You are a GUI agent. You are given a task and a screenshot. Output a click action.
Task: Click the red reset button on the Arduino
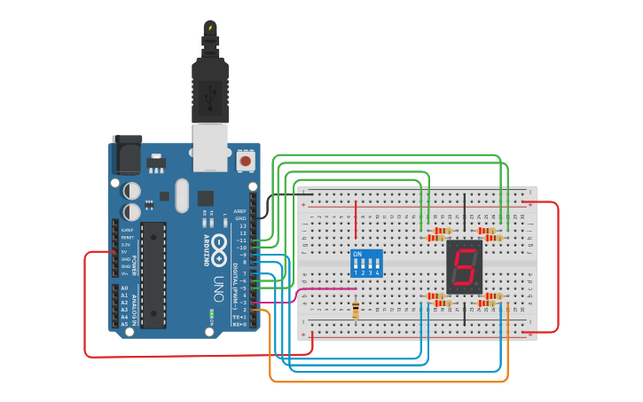(245, 161)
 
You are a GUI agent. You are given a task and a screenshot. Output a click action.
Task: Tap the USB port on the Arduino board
(209, 146)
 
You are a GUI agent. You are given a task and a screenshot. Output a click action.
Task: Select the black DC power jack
(127, 154)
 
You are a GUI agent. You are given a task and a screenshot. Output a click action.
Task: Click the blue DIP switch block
(367, 263)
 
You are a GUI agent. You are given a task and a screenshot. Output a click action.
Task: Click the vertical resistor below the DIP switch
(356, 309)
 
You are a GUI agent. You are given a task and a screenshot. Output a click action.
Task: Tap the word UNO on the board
(217, 288)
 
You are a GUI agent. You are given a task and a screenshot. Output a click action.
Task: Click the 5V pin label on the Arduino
(125, 251)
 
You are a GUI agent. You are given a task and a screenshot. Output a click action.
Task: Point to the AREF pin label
(239, 211)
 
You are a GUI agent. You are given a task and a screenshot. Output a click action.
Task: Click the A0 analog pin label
(124, 288)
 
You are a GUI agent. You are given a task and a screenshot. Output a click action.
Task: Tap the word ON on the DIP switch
(357, 254)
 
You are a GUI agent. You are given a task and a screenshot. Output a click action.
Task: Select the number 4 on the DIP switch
(378, 272)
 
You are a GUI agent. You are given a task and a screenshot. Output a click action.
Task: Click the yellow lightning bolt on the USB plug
(210, 28)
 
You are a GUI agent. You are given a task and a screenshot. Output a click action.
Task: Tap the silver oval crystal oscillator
(183, 195)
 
